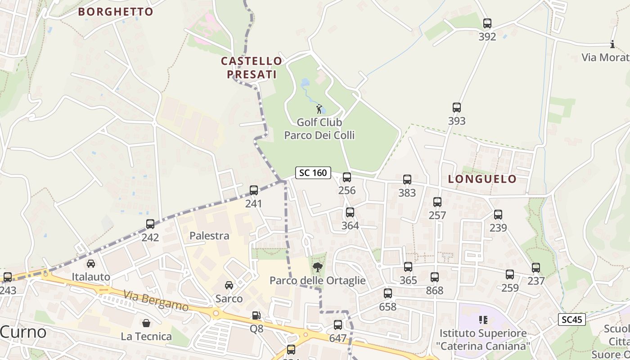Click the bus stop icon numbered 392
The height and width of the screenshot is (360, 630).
pos(487,23)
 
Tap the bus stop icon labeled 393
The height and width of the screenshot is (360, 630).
pos(457,108)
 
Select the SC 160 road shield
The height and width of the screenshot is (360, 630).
pos(313,172)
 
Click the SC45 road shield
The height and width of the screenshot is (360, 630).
pos(572,319)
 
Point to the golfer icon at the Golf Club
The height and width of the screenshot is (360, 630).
pos(319,109)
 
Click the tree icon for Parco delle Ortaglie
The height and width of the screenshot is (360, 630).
pos(318,267)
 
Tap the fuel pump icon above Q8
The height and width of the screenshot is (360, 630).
pos(256,316)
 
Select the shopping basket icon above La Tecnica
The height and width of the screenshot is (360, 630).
pos(146,323)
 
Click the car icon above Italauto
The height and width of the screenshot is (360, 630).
pos(91,263)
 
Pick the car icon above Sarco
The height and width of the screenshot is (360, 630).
pos(229,285)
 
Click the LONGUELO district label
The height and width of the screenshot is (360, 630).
pos(482,179)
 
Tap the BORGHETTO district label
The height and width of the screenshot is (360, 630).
pos(116,12)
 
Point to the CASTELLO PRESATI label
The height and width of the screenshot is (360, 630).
pos(252,67)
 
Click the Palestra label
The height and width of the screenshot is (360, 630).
pos(209,236)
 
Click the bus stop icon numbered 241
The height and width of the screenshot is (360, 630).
pos(254,190)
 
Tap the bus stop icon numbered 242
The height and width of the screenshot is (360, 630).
pos(150,224)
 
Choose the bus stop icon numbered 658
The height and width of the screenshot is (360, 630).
pos(387,294)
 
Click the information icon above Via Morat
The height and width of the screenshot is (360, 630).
pos(612,44)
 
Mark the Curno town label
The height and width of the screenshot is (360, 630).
pos(23,332)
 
